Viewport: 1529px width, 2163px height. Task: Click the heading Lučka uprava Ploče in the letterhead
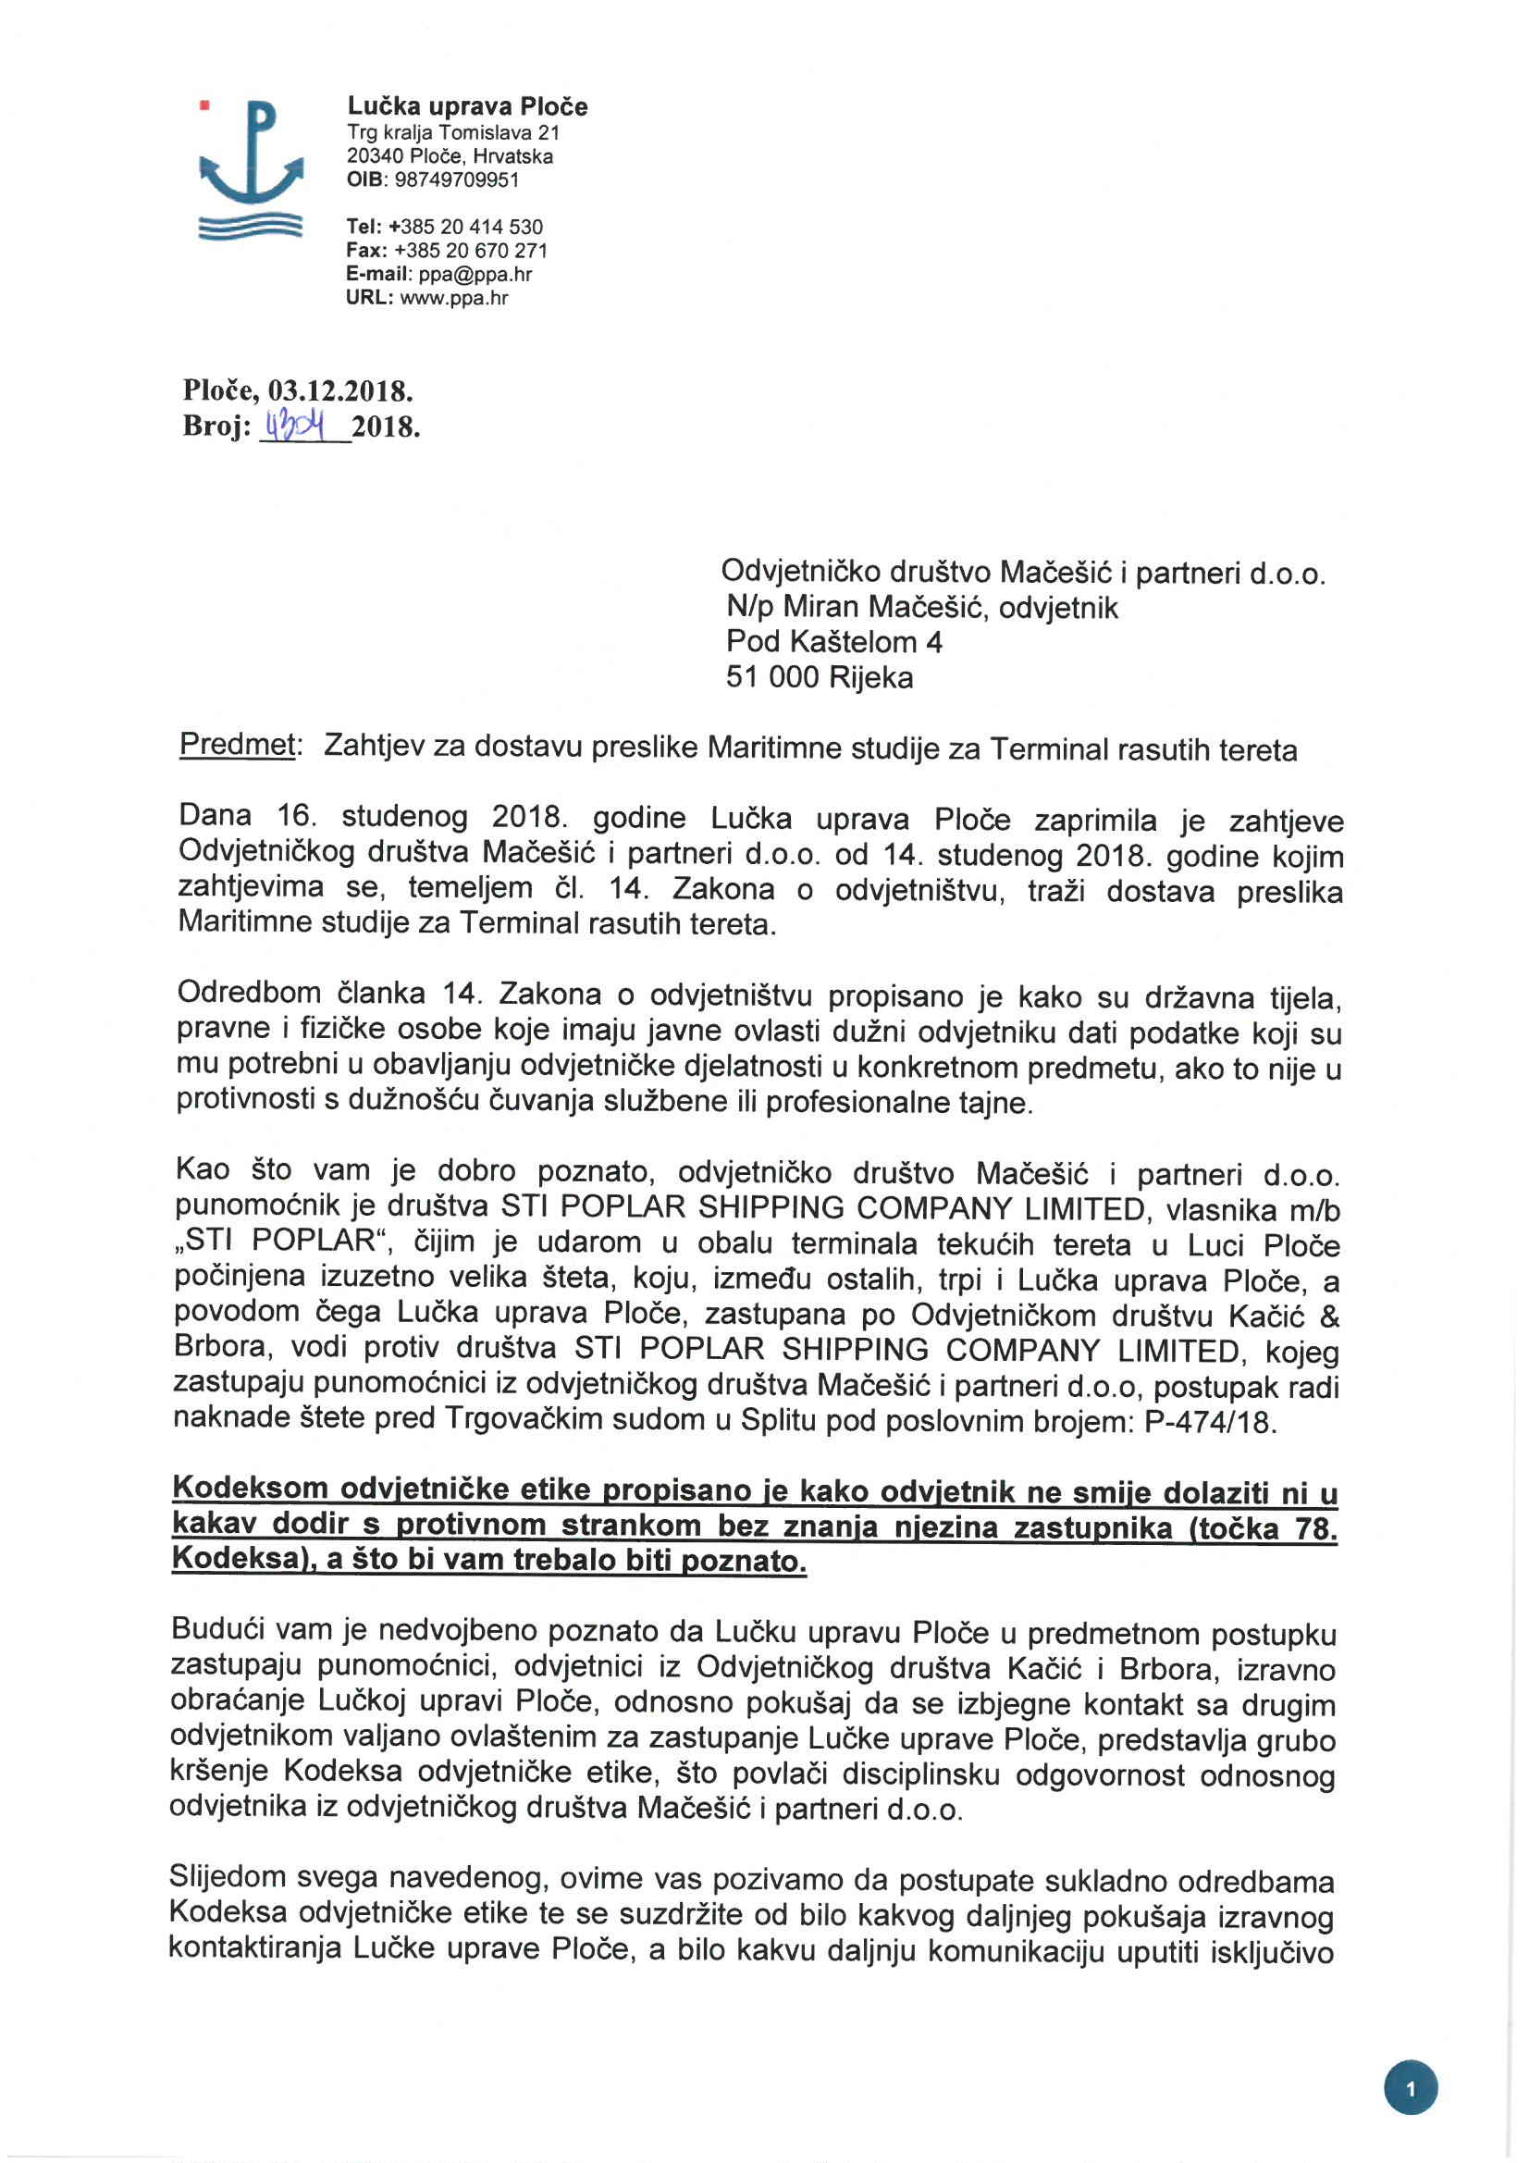tap(467, 106)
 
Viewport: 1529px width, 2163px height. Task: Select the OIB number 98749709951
tap(456, 179)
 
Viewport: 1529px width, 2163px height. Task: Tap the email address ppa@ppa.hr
tap(475, 274)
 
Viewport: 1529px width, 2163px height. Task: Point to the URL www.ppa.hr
tap(454, 299)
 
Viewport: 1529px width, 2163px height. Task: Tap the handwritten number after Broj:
tap(295, 427)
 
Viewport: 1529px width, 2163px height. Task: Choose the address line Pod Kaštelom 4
tap(833, 642)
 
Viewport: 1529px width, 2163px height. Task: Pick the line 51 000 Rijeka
tap(819, 677)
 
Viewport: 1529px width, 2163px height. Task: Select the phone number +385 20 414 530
tap(465, 227)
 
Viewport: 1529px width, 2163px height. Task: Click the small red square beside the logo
tap(203, 105)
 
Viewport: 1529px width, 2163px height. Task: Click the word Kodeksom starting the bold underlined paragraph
tap(250, 1489)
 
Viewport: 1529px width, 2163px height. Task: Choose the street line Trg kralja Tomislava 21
tap(453, 133)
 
